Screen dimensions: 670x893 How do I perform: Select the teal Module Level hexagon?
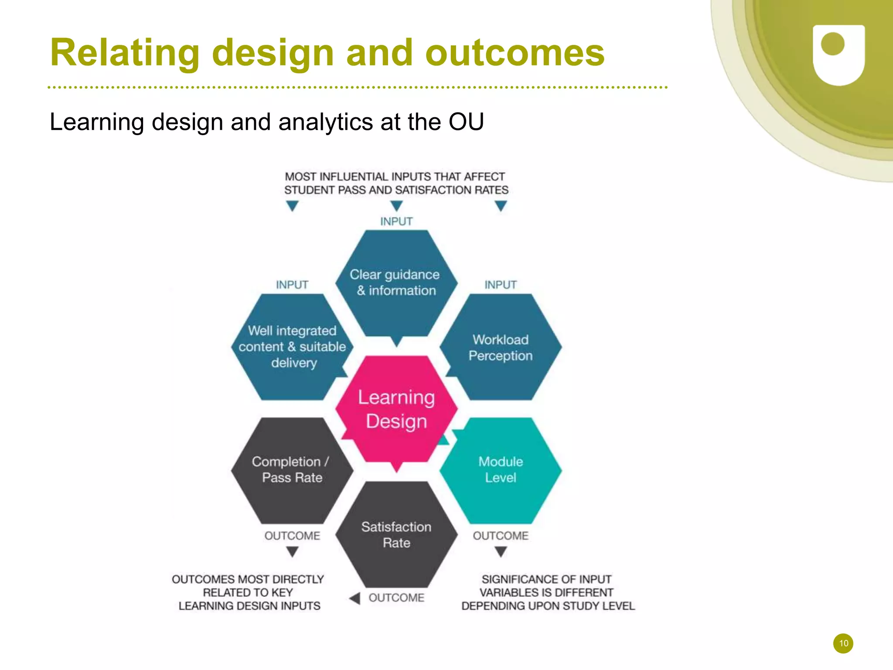(x=501, y=470)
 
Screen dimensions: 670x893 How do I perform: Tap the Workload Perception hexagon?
(x=501, y=347)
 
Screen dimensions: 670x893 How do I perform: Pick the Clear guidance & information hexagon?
(x=396, y=283)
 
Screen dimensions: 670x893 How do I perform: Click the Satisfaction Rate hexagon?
(x=396, y=535)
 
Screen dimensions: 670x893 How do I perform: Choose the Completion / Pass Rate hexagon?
(x=292, y=470)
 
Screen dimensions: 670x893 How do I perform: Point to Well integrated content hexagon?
(x=292, y=347)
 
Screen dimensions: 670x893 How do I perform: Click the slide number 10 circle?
(x=843, y=643)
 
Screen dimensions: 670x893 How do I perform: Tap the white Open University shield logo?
(x=838, y=54)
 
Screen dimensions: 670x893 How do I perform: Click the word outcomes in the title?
(x=515, y=53)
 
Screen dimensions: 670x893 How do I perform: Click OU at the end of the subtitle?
(x=466, y=122)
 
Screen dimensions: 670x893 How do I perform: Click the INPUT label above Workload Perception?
(x=501, y=285)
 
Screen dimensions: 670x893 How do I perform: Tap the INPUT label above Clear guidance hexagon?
(x=396, y=221)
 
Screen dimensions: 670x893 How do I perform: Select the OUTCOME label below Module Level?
(x=501, y=536)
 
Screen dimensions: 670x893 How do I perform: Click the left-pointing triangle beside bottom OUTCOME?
(x=355, y=598)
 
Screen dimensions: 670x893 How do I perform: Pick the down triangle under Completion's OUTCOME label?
(x=292, y=552)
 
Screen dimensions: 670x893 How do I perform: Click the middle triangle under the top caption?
(x=396, y=205)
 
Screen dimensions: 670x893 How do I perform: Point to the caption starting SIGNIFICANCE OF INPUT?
(x=548, y=592)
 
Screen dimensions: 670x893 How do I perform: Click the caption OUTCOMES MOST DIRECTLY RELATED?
(x=248, y=592)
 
